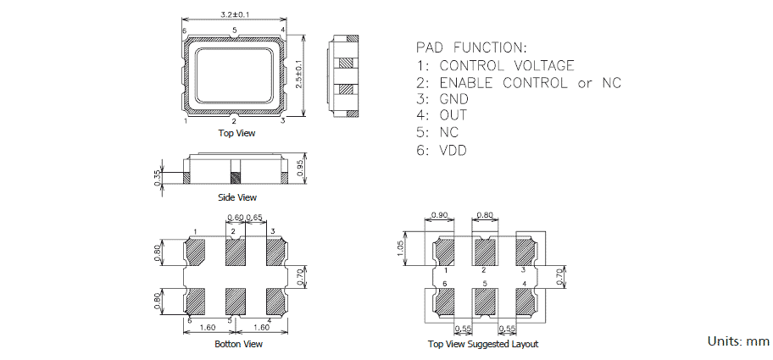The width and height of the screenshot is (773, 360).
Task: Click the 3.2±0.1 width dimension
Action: click(235, 15)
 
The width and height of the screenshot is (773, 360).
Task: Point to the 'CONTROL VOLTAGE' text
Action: click(507, 65)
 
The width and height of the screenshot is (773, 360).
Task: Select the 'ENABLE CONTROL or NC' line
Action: click(530, 82)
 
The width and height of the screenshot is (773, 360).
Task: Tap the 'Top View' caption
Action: click(236, 133)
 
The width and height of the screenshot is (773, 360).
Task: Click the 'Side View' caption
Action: click(236, 197)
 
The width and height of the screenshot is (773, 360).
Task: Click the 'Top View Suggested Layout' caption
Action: click(483, 344)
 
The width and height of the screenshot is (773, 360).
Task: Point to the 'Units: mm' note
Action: click(738, 341)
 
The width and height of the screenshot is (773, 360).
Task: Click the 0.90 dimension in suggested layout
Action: click(440, 215)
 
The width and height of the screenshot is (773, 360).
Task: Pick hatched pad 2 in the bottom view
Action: click(235, 252)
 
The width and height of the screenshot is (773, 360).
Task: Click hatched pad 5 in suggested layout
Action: click(484, 302)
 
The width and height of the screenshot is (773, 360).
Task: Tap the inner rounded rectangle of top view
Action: click(235, 74)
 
